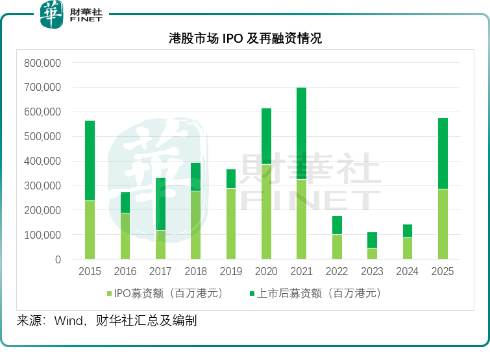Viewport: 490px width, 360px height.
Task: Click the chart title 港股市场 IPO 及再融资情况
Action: (245, 38)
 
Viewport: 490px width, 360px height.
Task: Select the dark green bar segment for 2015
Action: (90, 160)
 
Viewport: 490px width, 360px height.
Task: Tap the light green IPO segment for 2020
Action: (266, 211)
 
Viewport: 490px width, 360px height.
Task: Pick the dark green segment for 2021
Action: (302, 133)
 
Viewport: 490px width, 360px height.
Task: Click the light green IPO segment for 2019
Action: (231, 224)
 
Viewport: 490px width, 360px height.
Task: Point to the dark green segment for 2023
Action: (372, 240)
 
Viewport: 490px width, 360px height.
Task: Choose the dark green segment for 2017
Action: (160, 204)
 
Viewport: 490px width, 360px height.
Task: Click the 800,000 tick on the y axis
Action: (42, 63)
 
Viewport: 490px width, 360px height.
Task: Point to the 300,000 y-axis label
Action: (42, 186)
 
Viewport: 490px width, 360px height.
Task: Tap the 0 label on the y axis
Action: (58, 259)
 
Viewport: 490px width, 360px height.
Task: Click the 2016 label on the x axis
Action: (125, 272)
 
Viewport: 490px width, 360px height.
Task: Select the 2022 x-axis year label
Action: (337, 272)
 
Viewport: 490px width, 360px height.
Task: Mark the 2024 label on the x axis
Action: (408, 272)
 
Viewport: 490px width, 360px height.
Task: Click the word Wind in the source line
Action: (67, 321)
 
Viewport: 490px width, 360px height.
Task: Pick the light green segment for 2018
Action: (195, 225)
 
